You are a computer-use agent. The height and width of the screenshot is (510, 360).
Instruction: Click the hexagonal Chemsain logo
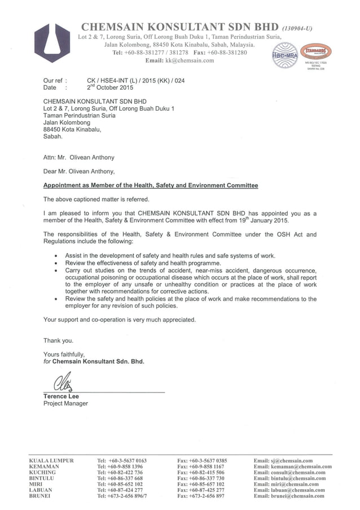point(52,43)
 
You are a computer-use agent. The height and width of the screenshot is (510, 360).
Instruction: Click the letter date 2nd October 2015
point(110,88)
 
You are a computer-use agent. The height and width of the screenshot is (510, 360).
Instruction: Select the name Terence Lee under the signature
point(61,396)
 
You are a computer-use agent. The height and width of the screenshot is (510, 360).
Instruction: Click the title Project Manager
point(65,404)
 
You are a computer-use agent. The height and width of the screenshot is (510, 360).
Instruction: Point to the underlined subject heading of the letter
point(151,185)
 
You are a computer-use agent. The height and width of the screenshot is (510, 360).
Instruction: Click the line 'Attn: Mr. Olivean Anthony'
point(78,158)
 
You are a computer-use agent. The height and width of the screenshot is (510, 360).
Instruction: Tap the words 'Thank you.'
point(58,341)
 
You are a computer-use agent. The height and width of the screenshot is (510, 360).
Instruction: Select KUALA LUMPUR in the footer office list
point(51,461)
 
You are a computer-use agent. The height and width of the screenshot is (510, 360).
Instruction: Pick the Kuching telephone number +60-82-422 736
point(120,472)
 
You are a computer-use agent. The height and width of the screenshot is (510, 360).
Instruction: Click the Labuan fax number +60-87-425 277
point(200,490)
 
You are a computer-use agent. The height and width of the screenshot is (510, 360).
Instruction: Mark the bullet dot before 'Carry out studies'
point(55,271)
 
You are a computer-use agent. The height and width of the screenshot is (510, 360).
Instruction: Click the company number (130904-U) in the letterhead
point(297,28)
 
